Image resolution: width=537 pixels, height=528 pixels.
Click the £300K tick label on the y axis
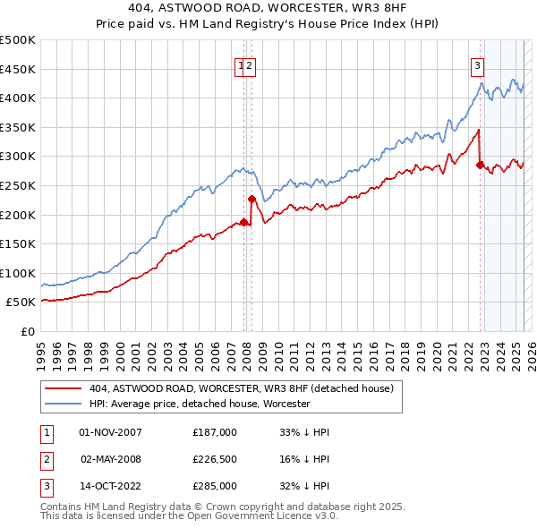click(x=19, y=157)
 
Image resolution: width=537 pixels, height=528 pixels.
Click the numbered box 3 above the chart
click(x=478, y=64)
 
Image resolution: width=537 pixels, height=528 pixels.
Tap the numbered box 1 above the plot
click(x=242, y=64)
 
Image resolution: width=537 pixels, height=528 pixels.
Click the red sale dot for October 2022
click(x=481, y=165)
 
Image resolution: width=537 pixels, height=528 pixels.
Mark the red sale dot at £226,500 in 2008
click(x=252, y=199)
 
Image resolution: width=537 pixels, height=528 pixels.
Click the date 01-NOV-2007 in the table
click(x=111, y=432)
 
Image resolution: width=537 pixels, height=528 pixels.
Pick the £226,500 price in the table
click(x=215, y=459)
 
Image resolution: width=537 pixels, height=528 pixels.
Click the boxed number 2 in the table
click(x=44, y=459)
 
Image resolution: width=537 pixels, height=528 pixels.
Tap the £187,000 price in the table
click(x=215, y=432)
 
